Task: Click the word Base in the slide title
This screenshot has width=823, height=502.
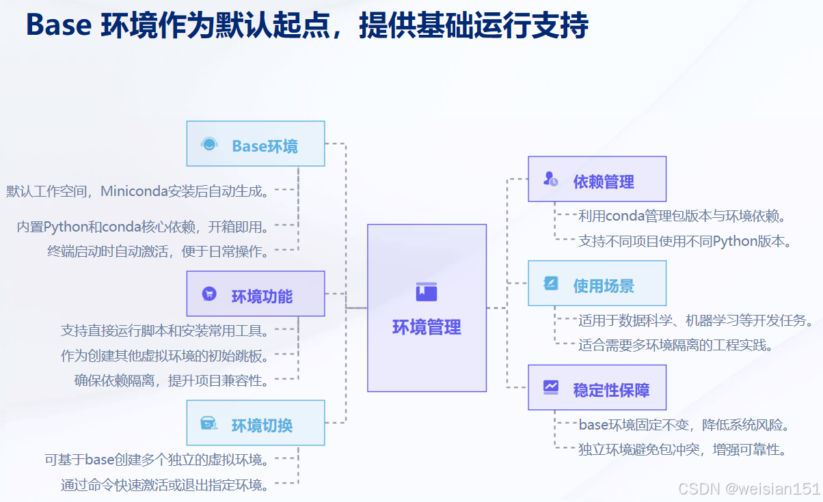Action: click(59, 26)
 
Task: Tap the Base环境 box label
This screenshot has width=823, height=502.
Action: click(265, 146)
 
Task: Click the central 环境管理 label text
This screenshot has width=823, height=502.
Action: click(427, 327)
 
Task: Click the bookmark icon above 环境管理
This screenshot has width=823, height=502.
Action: click(427, 292)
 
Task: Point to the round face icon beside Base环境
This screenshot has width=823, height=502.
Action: click(209, 144)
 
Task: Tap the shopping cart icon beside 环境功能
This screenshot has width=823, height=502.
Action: click(209, 294)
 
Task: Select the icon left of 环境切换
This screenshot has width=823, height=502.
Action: click(208, 424)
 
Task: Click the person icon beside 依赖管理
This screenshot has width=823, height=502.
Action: click(550, 179)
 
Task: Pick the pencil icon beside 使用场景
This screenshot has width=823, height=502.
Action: click(551, 283)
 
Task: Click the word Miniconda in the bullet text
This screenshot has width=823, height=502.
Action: click(134, 191)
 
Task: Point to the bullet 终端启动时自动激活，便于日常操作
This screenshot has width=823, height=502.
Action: click(158, 251)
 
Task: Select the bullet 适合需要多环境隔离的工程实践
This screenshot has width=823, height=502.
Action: click(675, 344)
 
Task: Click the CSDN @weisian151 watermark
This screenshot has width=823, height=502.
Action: click(748, 488)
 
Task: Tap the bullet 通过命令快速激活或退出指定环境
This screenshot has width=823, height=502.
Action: click(165, 485)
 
